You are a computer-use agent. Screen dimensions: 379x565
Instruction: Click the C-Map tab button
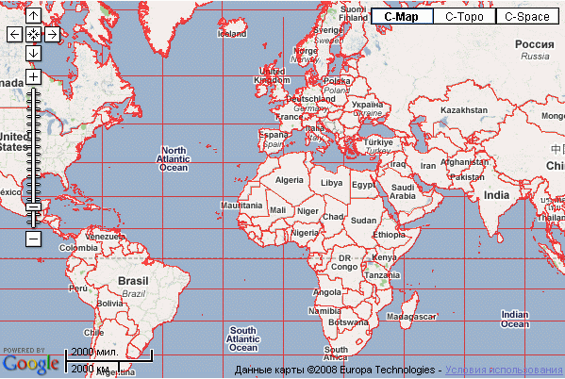[x=402, y=16]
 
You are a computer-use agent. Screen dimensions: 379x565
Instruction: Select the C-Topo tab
[x=464, y=16]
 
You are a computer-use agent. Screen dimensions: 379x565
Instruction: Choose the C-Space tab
[x=527, y=16]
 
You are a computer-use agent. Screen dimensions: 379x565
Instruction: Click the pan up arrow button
[x=33, y=16]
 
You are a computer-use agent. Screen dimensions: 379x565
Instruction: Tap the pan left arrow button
[x=14, y=34]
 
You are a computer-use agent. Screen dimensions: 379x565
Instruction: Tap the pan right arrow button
[x=52, y=34]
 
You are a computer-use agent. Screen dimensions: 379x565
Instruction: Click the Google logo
[x=30, y=361]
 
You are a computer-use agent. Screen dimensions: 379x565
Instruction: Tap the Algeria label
[x=290, y=179]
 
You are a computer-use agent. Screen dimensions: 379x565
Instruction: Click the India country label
[x=496, y=195]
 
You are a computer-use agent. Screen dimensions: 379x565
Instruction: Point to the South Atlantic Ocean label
[x=242, y=337]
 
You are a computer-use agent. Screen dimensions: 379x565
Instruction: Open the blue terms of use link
[x=505, y=370]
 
